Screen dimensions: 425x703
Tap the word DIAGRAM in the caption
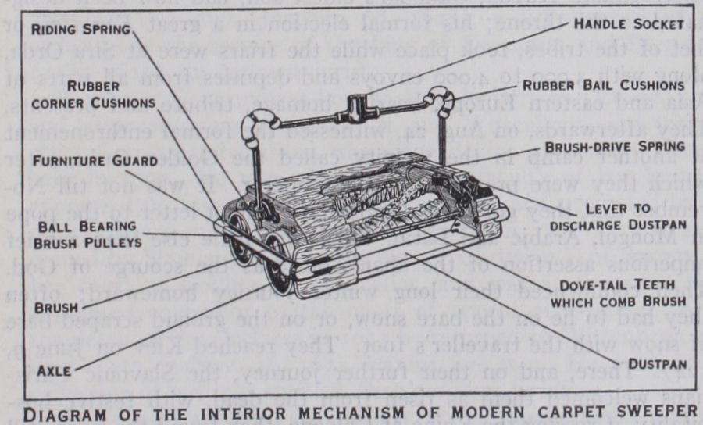pos(72,412)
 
